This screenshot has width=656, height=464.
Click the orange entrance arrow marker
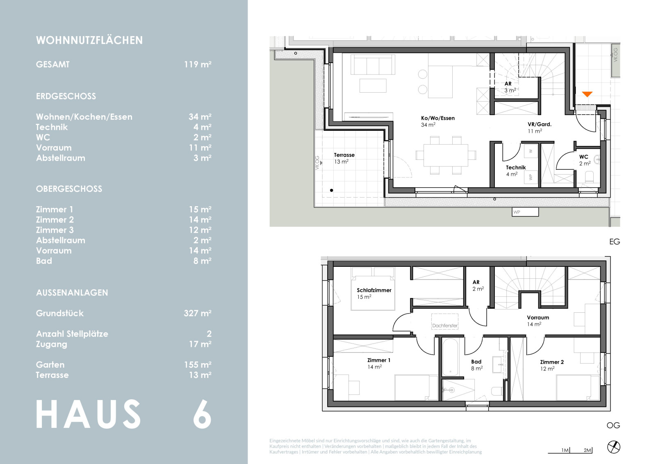pos(587,94)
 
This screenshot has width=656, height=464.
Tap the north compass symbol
pos(613,447)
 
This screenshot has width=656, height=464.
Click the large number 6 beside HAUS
pos(202,414)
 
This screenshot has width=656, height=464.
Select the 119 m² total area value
pos(198,64)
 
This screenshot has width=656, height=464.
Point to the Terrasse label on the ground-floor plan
pos(344,155)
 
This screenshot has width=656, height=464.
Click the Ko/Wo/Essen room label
pos(438,118)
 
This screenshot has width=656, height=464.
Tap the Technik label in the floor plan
pos(516,168)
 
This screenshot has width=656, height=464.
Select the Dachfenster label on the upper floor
pos(445,325)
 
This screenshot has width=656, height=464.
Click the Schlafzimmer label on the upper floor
pos(374,290)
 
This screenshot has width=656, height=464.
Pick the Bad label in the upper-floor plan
pos(476,362)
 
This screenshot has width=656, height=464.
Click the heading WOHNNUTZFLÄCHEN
pos(89,41)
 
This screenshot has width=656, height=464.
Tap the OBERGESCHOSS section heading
pos(69,189)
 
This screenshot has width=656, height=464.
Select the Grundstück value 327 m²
pos(198,313)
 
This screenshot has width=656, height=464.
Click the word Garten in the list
pos(50,365)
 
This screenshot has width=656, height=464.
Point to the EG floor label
pos(615,242)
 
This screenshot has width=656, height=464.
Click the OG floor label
pos(613,425)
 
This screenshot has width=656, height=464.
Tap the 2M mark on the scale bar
pos(587,450)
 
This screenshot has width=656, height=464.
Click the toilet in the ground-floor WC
pos(589,177)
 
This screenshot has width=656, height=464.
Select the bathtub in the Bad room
pos(450,357)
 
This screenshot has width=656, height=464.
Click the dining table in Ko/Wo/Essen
pos(446,155)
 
